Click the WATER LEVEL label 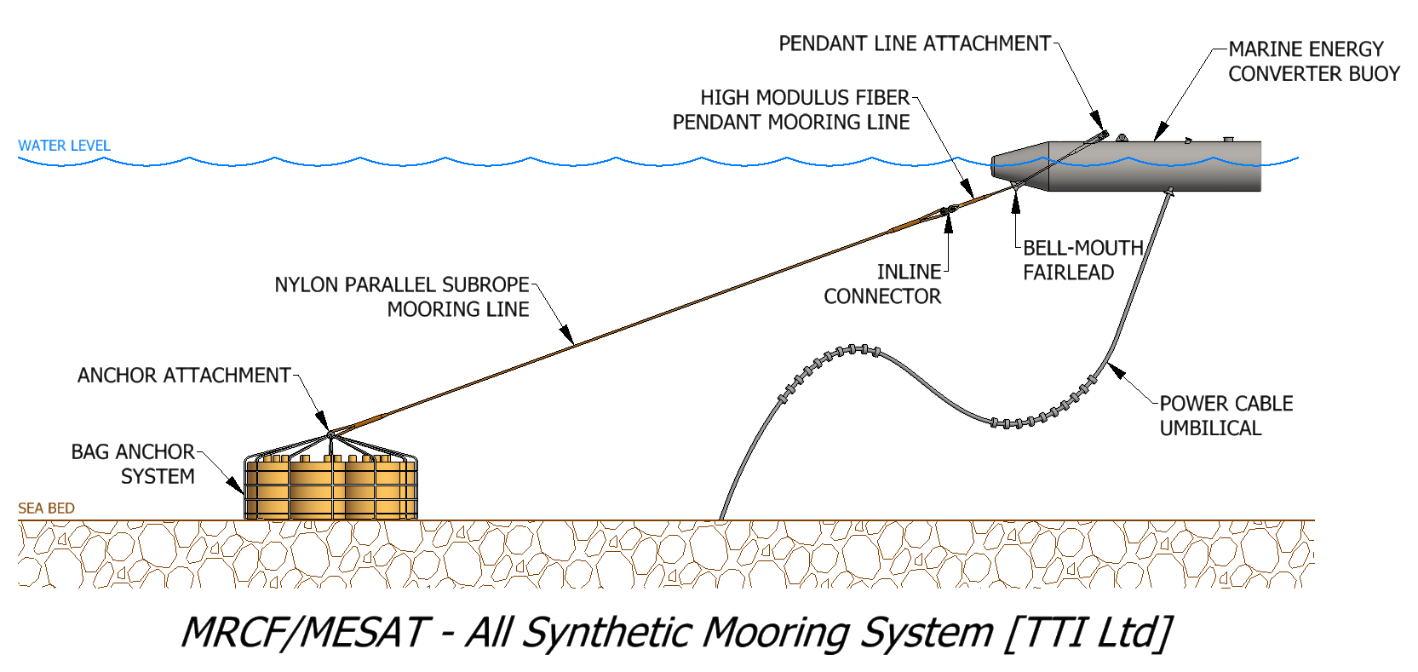tap(64, 146)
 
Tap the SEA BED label tap(46, 508)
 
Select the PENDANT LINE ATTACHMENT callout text tap(914, 43)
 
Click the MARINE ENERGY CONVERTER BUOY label tap(1312, 61)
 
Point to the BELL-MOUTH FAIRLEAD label tap(1082, 260)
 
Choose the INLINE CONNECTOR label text tap(882, 284)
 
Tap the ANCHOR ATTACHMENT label tap(184, 376)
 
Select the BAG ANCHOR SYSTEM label tap(134, 464)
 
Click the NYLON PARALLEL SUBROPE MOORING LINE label tap(402, 296)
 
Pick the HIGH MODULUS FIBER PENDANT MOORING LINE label tap(792, 110)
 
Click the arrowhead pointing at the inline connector tap(948, 223)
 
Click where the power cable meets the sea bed tap(722, 518)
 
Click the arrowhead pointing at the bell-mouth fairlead tap(1015, 201)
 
